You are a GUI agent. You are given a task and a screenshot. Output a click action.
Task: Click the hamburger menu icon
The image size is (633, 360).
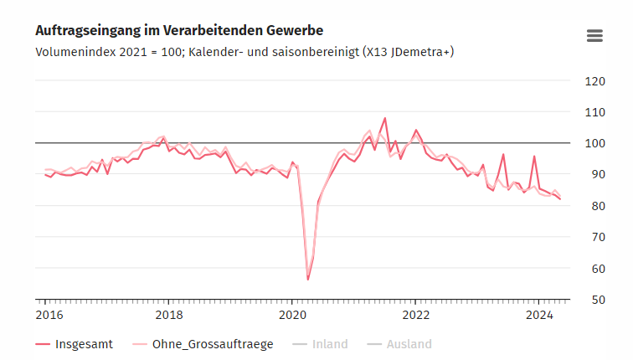point(594,35)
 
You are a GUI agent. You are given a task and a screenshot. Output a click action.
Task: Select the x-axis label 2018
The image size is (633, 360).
point(169,315)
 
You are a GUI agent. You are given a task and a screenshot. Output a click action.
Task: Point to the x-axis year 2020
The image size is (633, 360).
point(293,315)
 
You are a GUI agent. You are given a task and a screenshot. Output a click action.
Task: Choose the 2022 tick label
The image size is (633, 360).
point(416,315)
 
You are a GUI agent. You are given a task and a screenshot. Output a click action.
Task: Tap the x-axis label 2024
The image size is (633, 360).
point(539,315)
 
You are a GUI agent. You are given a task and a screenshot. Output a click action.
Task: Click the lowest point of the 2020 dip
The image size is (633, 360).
point(308,279)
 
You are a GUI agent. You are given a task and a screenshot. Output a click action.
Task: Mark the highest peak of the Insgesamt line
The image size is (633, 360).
point(385,118)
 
